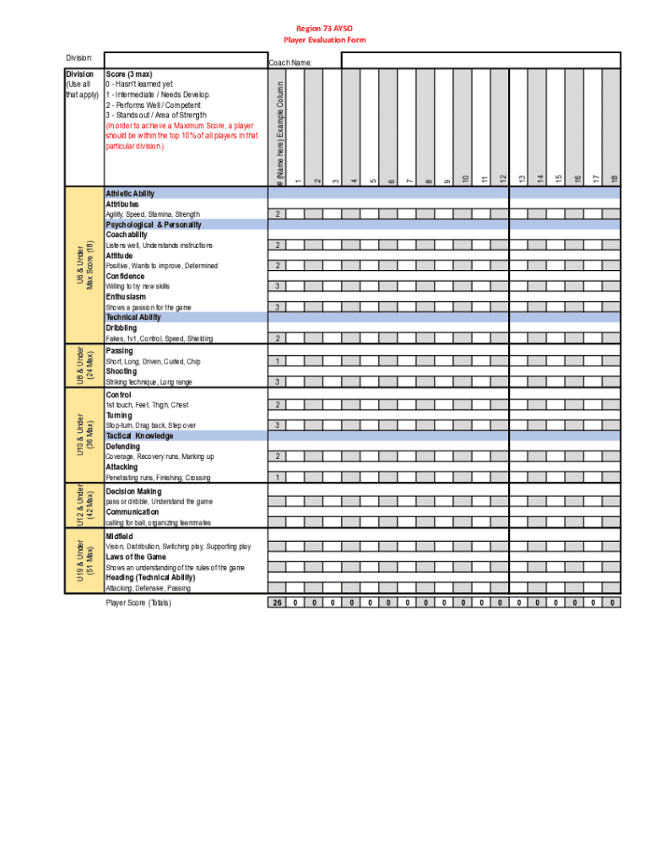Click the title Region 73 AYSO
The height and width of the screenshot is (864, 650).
(x=324, y=28)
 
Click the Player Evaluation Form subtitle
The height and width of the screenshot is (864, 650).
(x=324, y=40)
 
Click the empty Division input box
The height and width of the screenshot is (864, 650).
(x=184, y=59)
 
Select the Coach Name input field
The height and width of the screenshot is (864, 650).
(x=480, y=61)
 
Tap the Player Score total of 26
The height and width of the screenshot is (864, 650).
(x=278, y=602)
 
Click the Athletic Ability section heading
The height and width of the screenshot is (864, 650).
(x=130, y=194)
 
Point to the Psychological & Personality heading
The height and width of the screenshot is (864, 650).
(x=154, y=225)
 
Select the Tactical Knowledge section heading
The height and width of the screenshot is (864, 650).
(x=139, y=436)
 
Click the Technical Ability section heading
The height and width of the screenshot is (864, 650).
(x=133, y=318)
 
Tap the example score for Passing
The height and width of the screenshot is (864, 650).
(x=278, y=361)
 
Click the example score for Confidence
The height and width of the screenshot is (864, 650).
(x=278, y=287)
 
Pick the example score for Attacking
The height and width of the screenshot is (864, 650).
(x=278, y=478)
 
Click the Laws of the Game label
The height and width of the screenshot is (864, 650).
(x=135, y=558)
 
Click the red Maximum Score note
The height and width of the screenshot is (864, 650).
(x=181, y=136)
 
